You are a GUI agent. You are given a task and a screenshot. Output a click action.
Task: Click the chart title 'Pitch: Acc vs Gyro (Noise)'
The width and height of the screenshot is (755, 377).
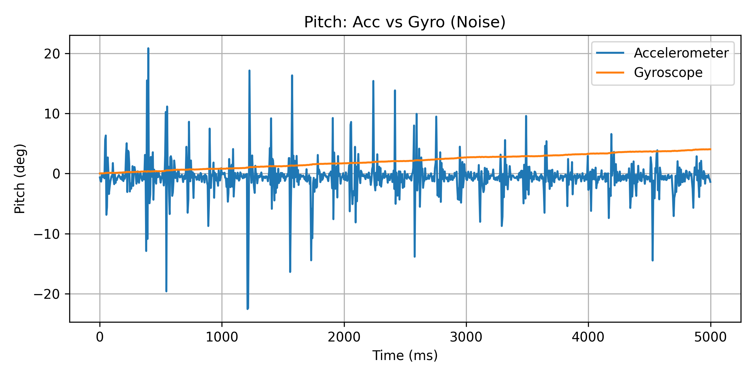click(405, 22)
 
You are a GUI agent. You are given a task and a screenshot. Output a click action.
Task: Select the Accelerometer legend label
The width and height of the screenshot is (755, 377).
click(681, 53)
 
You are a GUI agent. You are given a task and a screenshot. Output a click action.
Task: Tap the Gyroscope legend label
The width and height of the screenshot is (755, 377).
click(668, 73)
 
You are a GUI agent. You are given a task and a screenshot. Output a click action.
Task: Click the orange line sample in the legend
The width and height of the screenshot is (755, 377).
click(610, 73)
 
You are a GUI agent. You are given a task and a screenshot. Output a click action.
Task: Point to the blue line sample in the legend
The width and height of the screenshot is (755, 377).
click(610, 53)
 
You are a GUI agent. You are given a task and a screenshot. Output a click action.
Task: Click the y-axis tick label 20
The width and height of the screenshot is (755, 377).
click(52, 54)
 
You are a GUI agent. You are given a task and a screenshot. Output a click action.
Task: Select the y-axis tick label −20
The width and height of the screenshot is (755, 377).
click(47, 294)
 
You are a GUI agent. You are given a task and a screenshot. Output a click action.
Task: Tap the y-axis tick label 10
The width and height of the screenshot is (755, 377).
click(52, 114)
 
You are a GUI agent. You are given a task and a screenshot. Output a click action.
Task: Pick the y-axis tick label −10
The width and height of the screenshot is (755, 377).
click(47, 234)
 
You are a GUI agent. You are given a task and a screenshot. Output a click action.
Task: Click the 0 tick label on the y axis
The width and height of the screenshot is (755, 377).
click(56, 174)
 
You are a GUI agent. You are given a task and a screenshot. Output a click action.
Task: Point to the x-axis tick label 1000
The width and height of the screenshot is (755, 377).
click(222, 337)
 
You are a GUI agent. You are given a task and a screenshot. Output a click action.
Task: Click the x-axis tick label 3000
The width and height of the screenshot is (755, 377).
click(466, 337)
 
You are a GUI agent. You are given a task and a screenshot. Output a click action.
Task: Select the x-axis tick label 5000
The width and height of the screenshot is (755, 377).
click(710, 337)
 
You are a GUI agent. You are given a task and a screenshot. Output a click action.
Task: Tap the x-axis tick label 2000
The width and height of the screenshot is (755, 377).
click(344, 337)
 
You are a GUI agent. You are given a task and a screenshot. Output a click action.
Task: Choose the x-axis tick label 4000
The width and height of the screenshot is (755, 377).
click(588, 337)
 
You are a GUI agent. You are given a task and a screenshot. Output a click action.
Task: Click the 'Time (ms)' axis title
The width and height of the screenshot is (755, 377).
click(405, 356)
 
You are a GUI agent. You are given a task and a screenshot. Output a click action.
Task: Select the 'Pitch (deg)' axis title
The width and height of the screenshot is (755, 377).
click(20, 178)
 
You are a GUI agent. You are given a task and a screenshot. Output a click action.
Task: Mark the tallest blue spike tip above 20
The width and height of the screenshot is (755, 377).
click(148, 48)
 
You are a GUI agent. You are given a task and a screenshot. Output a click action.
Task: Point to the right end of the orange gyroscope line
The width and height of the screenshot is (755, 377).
click(710, 149)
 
